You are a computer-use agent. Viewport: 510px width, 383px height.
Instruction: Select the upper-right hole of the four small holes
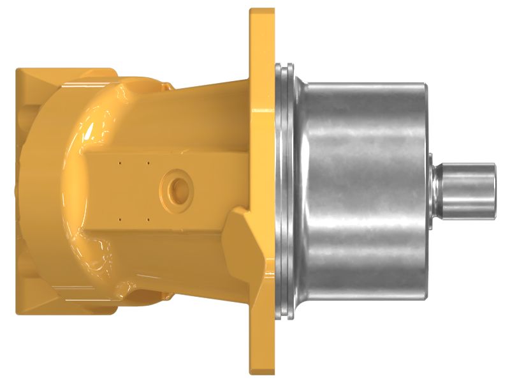click(x=148, y=162)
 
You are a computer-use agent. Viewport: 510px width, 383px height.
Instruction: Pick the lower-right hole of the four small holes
click(x=148, y=219)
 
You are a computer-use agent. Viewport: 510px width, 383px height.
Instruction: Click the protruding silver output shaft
click(x=469, y=190)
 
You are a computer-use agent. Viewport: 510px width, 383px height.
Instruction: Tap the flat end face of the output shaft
click(x=494, y=190)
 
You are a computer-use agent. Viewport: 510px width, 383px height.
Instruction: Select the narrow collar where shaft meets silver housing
click(x=435, y=190)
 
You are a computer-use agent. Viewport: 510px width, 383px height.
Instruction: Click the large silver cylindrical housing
click(x=363, y=191)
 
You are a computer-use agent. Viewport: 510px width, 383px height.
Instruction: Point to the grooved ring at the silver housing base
click(x=284, y=191)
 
